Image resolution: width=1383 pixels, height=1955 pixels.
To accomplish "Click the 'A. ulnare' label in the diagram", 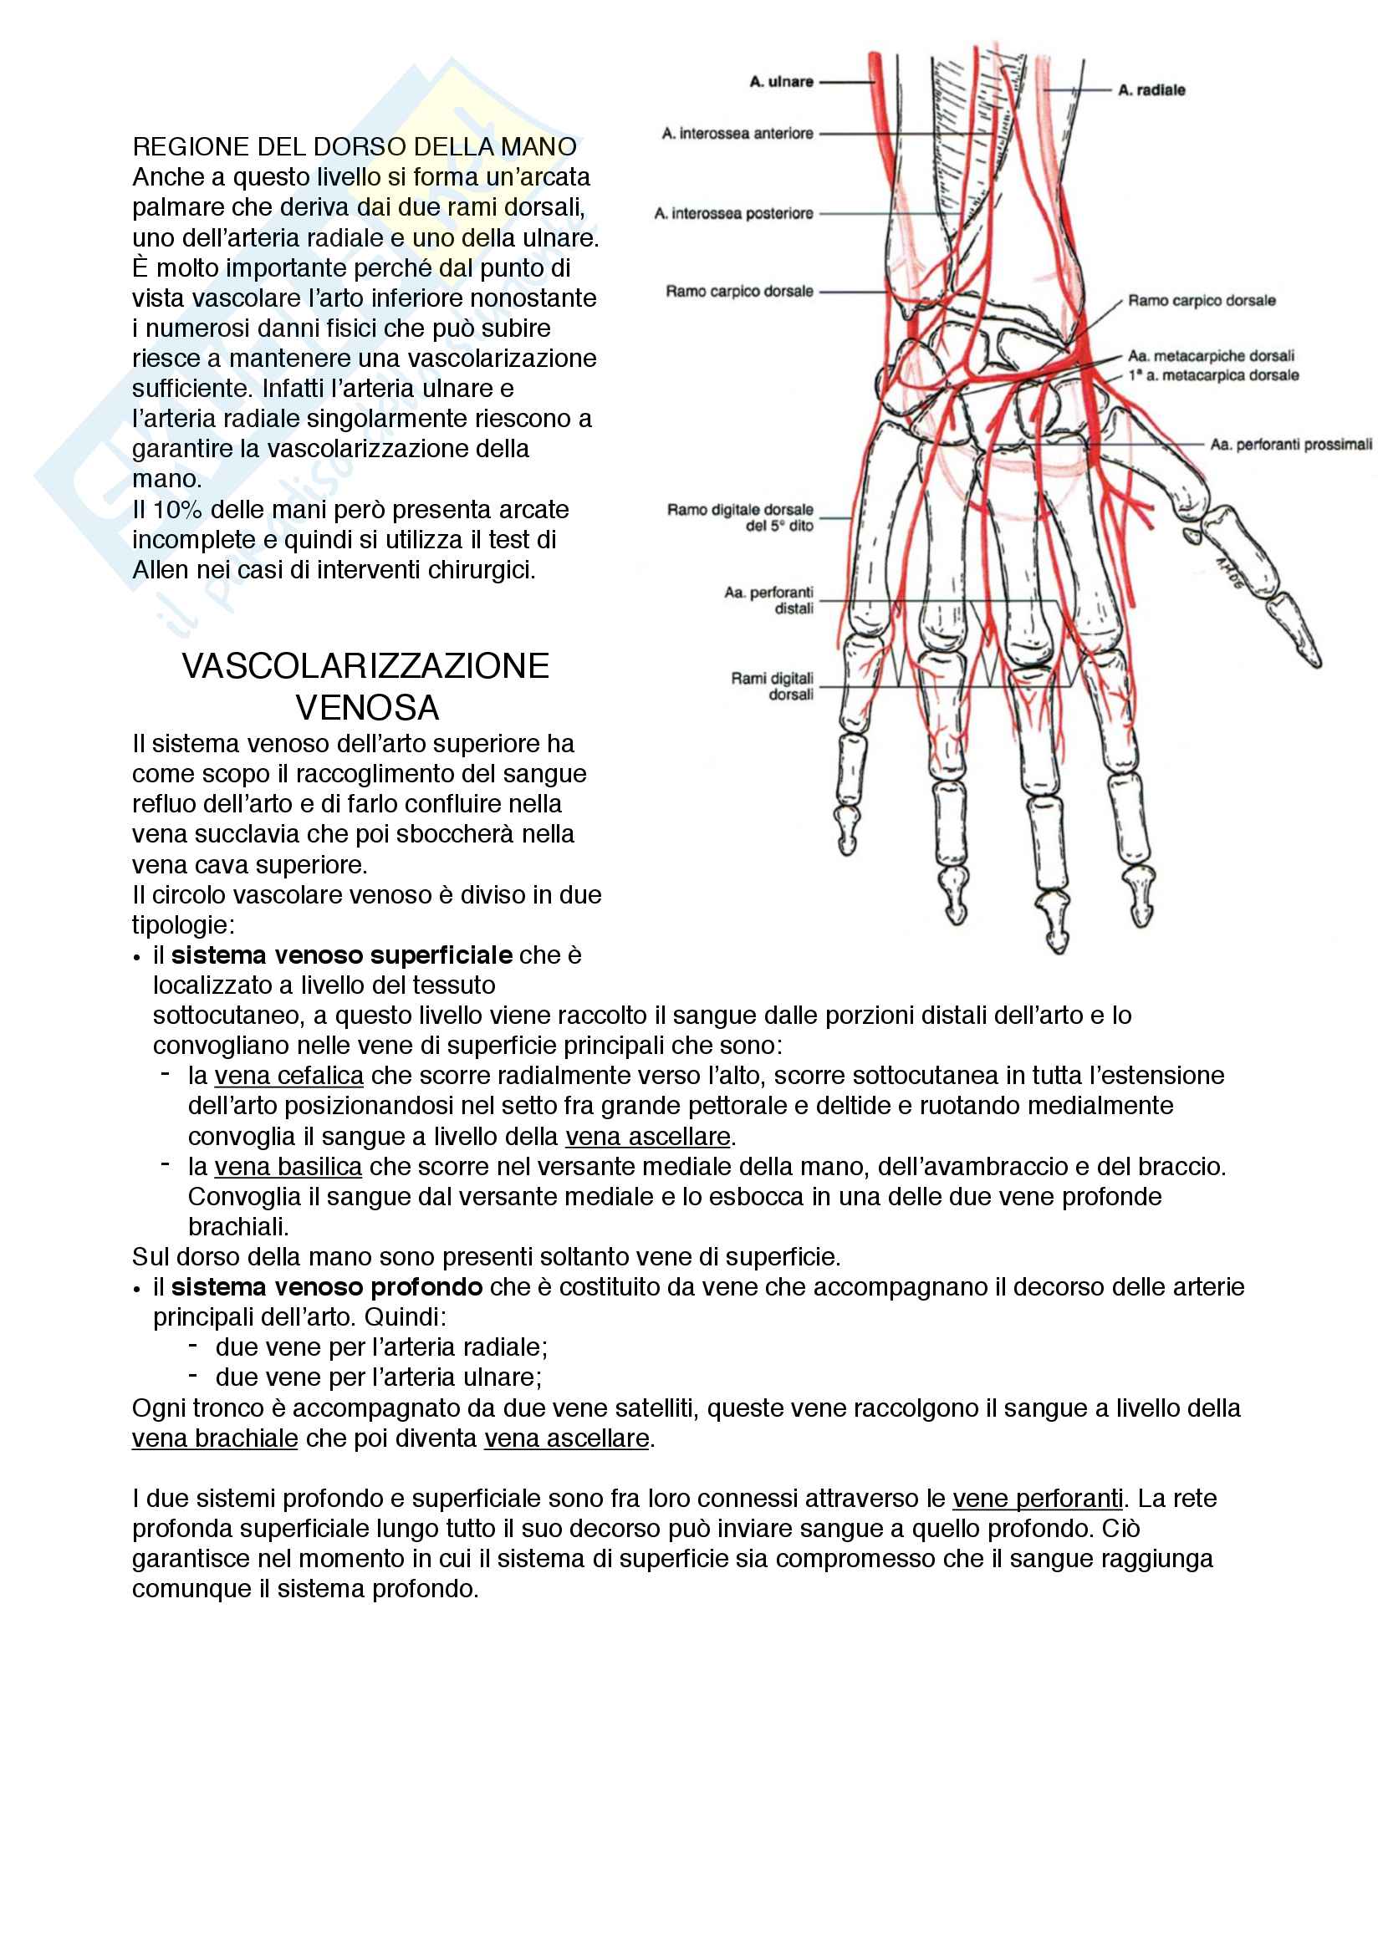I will [781, 82].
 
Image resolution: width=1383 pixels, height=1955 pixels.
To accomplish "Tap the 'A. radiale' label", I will [1151, 90].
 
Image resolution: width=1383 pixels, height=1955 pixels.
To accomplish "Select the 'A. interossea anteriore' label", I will [737, 134].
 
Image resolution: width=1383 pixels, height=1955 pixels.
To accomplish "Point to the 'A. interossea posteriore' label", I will [733, 214].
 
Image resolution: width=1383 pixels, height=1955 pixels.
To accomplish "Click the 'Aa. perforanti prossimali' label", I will [1291, 445].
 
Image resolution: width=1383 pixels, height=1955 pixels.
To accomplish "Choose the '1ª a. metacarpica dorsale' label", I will [1213, 375].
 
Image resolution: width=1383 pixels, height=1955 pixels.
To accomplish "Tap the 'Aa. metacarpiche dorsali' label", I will [1211, 356].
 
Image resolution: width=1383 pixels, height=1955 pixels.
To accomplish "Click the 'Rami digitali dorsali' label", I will [773, 686].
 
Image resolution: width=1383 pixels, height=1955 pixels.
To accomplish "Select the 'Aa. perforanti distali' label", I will [769, 600].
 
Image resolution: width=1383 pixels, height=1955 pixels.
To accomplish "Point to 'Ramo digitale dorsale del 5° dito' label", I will [740, 517].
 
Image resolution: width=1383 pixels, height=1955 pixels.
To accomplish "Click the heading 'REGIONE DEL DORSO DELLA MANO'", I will [355, 147].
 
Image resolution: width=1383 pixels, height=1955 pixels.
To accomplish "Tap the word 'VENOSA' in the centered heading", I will [367, 708].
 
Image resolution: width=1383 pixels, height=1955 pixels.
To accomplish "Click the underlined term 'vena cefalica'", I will [288, 1077].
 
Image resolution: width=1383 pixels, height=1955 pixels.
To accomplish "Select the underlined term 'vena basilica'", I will [288, 1167].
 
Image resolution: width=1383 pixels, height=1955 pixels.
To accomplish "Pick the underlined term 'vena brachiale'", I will [215, 1438].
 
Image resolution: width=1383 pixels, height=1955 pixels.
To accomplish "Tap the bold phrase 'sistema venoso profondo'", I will [327, 1286].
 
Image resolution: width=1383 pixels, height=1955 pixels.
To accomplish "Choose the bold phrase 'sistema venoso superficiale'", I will [341, 955].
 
